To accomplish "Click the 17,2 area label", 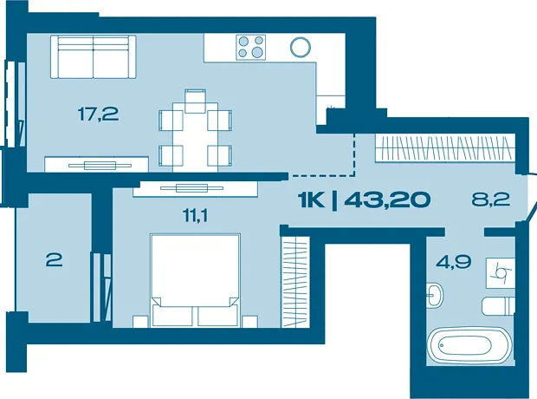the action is [x=98, y=114].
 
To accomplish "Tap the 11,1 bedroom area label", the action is [x=196, y=216].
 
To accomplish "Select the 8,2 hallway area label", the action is [x=491, y=199].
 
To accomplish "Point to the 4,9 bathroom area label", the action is [x=453, y=262].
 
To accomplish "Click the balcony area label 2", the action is [x=54, y=260].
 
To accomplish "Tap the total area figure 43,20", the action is [x=387, y=199].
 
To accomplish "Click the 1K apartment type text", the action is [x=311, y=200].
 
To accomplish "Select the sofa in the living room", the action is [x=94, y=56].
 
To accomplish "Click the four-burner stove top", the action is [x=250, y=47].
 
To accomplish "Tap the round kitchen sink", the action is [x=301, y=47].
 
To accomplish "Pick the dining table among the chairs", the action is [x=195, y=137].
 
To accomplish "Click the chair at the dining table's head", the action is [x=195, y=101].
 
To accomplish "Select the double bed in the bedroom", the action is [x=195, y=280].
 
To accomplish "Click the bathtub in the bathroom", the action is [x=470, y=345].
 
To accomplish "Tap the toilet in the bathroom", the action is [x=498, y=306].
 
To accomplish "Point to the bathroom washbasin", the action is [x=435, y=294].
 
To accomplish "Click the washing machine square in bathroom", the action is [x=501, y=273].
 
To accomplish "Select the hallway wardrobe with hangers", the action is [x=445, y=147].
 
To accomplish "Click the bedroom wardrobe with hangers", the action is [x=295, y=282].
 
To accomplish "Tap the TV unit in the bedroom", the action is [x=195, y=189].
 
